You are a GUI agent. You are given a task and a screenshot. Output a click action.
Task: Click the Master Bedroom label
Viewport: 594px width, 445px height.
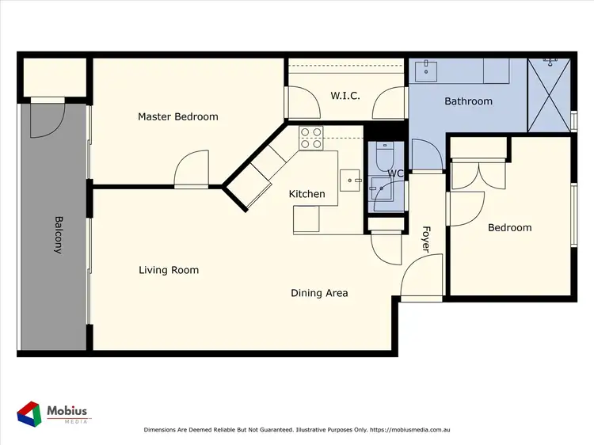click(x=177, y=116)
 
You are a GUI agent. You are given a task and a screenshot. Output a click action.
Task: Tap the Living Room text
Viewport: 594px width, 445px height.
click(x=168, y=270)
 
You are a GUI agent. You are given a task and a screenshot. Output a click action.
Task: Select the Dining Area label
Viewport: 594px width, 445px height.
click(x=319, y=293)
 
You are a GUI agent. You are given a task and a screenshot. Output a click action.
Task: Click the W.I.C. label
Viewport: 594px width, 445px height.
click(x=345, y=96)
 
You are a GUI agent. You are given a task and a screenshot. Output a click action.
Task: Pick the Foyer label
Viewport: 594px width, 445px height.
click(x=425, y=240)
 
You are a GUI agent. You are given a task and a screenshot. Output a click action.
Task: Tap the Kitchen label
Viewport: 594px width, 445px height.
click(x=307, y=194)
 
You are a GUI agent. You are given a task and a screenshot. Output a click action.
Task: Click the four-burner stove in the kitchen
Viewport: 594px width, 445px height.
click(x=310, y=138)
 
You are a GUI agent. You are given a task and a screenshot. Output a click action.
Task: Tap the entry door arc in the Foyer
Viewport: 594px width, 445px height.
click(x=419, y=281)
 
